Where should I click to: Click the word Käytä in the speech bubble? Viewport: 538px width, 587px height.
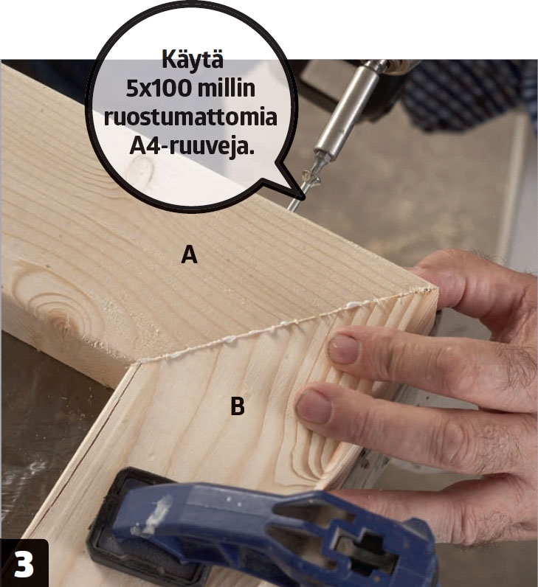tap(192, 60)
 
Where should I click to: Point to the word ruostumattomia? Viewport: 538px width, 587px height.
tap(190, 117)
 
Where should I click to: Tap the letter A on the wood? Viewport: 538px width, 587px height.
tap(189, 254)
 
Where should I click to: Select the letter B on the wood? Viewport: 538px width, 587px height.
tap(238, 406)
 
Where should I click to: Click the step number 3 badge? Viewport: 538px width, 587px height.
tap(24, 563)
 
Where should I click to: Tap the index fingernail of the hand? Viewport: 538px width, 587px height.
tap(343, 349)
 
